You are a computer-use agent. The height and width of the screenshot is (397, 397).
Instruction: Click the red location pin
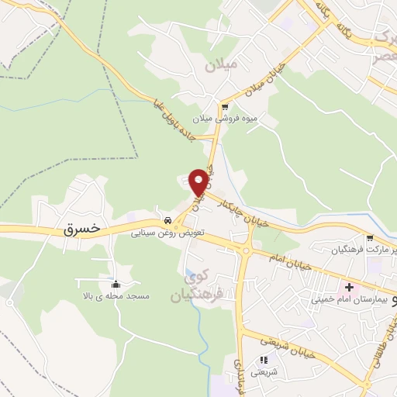click(199, 181)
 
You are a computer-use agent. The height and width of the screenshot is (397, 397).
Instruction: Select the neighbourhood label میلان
click(220, 66)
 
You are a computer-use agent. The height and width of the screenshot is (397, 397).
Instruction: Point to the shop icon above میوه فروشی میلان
click(225, 107)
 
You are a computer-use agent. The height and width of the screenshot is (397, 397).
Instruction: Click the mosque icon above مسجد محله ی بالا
click(116, 284)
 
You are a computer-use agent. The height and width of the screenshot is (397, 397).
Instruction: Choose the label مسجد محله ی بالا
click(116, 296)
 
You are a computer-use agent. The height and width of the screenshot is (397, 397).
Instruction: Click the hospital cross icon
click(350, 287)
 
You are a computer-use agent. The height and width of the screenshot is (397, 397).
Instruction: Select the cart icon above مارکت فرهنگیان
click(370, 239)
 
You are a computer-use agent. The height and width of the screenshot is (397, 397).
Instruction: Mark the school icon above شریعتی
click(264, 360)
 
